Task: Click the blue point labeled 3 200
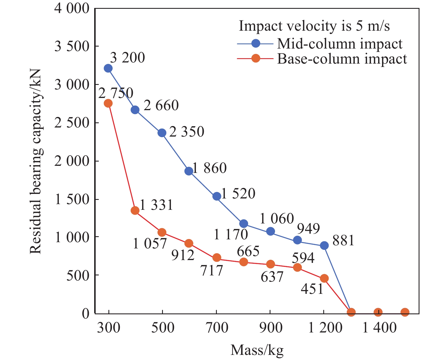tap(108, 68)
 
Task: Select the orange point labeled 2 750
tap(108, 103)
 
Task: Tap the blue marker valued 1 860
tap(189, 171)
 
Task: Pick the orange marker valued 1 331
tap(135, 210)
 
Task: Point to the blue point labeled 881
tap(324, 245)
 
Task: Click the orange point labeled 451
tap(324, 278)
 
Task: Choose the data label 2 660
tap(161, 106)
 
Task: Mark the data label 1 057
tap(150, 244)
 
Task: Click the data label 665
tap(248, 251)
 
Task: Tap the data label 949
tap(309, 228)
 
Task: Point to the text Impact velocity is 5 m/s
tap(314, 26)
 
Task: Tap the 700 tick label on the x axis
tap(217, 328)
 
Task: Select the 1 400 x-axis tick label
tap(379, 328)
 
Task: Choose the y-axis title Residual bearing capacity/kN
tap(36, 161)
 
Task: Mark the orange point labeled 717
tap(217, 258)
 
